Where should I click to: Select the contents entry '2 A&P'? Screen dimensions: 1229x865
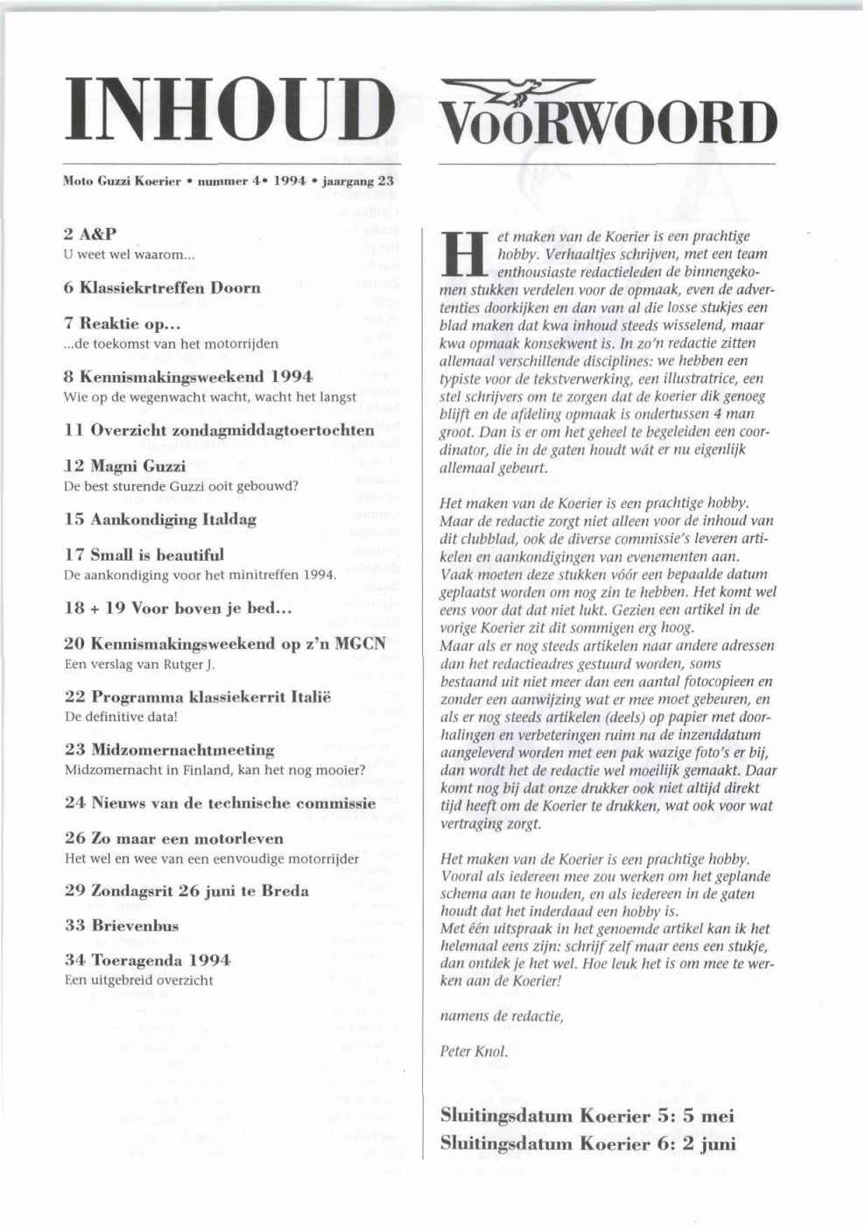91,235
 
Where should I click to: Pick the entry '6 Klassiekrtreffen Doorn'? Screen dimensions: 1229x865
162,287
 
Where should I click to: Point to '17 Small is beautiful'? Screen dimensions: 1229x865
144,554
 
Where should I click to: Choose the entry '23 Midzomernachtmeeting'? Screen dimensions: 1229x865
170,750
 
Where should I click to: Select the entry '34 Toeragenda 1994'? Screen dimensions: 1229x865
148,960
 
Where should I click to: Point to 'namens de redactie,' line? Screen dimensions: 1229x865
502,1016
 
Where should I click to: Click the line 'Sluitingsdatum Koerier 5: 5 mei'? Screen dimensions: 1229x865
587,1116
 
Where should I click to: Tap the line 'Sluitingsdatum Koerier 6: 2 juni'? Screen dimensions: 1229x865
587,1143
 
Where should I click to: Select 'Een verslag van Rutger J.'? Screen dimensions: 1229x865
140,663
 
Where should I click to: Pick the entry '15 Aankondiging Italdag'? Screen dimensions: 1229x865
160,519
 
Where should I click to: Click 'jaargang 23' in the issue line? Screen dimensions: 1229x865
359,181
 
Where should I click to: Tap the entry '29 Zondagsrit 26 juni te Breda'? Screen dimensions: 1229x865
186,891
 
